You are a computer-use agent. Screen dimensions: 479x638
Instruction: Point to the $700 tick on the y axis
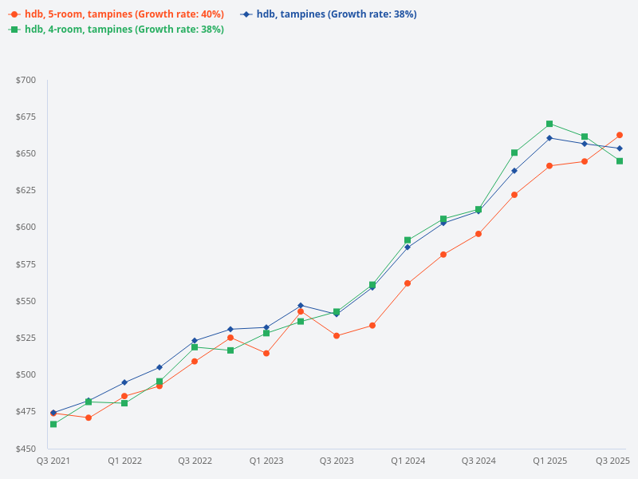(x=26, y=80)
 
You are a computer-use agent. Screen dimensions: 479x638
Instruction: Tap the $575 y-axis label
(x=26, y=264)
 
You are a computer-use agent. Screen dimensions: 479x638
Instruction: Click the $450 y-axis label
(x=26, y=449)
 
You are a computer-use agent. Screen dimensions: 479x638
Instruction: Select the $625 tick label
(x=26, y=190)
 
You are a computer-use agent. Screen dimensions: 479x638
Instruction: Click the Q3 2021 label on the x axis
(x=53, y=461)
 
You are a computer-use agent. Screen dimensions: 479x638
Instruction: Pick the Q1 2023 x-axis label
(x=266, y=461)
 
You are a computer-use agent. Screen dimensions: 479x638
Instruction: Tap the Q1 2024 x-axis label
(x=408, y=461)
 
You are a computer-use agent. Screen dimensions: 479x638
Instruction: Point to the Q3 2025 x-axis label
(x=613, y=461)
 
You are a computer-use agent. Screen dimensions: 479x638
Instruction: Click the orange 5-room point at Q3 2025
(x=620, y=135)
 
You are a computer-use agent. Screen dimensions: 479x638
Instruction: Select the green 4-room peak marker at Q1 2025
(x=549, y=124)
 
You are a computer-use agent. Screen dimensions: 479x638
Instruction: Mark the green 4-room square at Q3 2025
(x=620, y=161)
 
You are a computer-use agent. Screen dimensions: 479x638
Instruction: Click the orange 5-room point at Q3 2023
(x=337, y=336)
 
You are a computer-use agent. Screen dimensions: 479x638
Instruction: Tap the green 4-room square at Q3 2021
(x=53, y=424)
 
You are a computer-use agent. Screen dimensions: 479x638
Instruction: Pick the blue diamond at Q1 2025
(x=549, y=138)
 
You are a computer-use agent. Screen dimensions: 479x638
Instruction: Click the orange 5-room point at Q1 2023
(x=266, y=353)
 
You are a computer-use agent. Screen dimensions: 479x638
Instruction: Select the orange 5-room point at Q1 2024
(x=408, y=283)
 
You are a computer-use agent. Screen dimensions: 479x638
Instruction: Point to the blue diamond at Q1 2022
(x=124, y=382)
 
